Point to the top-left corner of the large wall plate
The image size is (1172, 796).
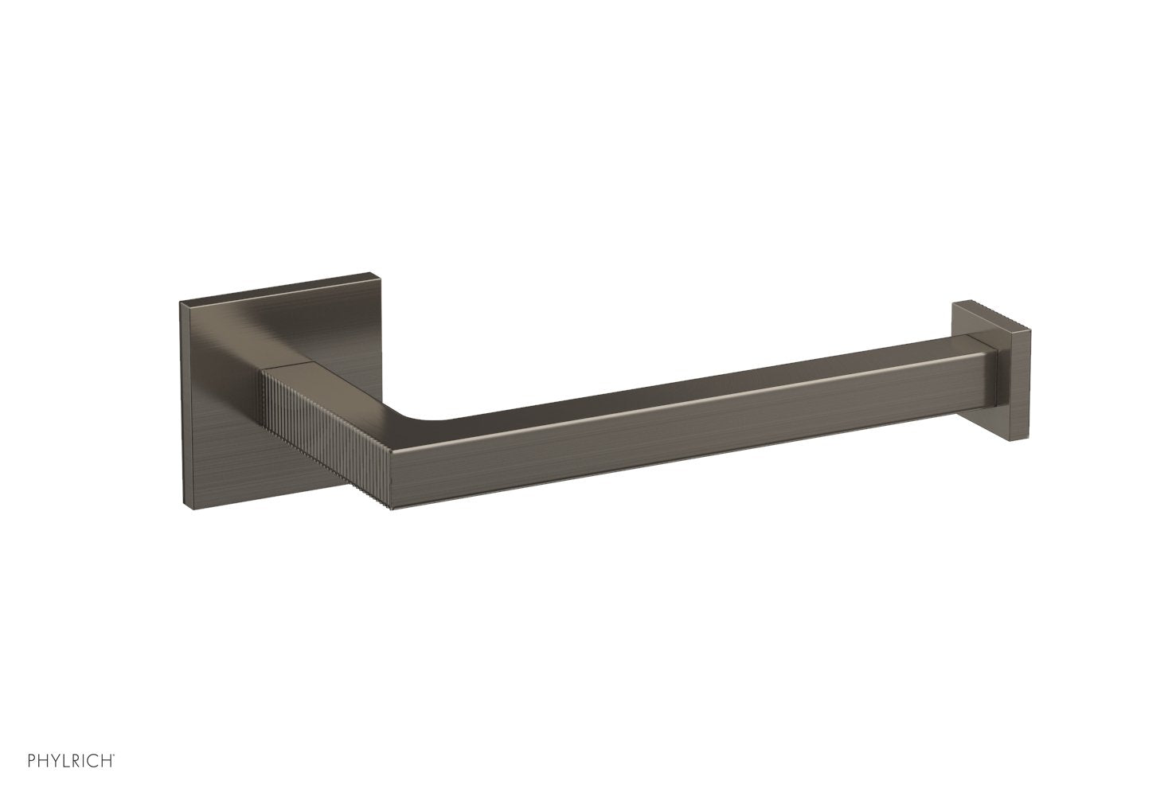pyautogui.click(x=182, y=303)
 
